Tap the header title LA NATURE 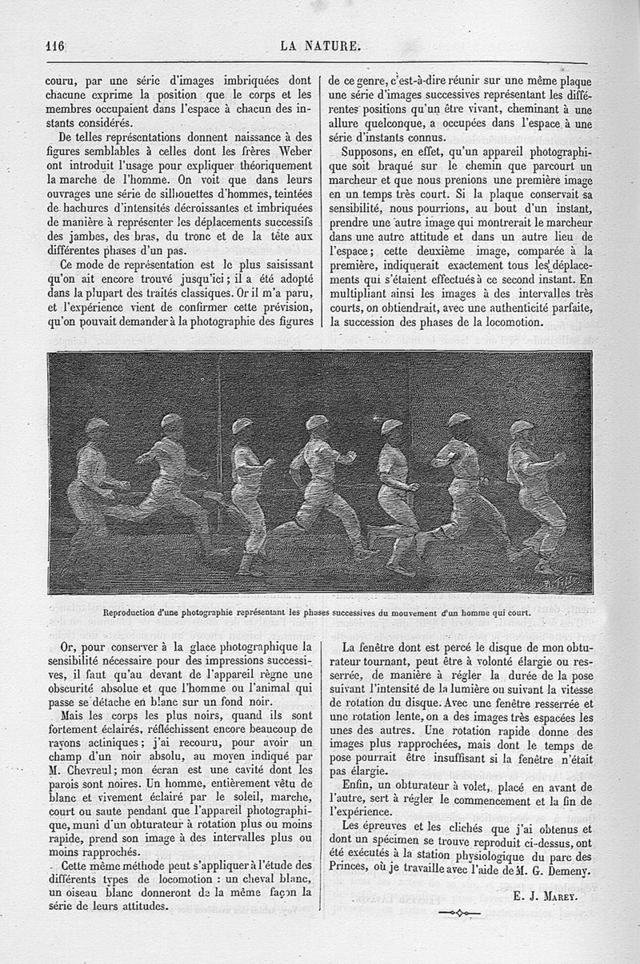click(320, 45)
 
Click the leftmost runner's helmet click(97, 425)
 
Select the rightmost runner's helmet click(522, 427)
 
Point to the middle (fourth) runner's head click(317, 424)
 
